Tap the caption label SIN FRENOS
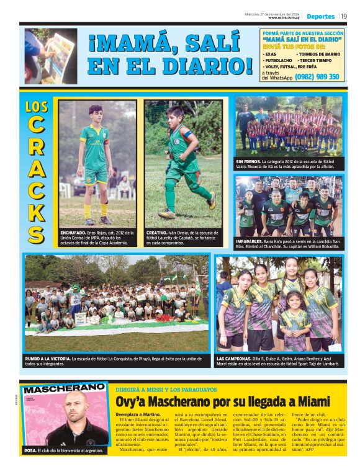pos(248,161)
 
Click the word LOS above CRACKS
pos(37,107)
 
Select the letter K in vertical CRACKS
pos(37,211)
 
